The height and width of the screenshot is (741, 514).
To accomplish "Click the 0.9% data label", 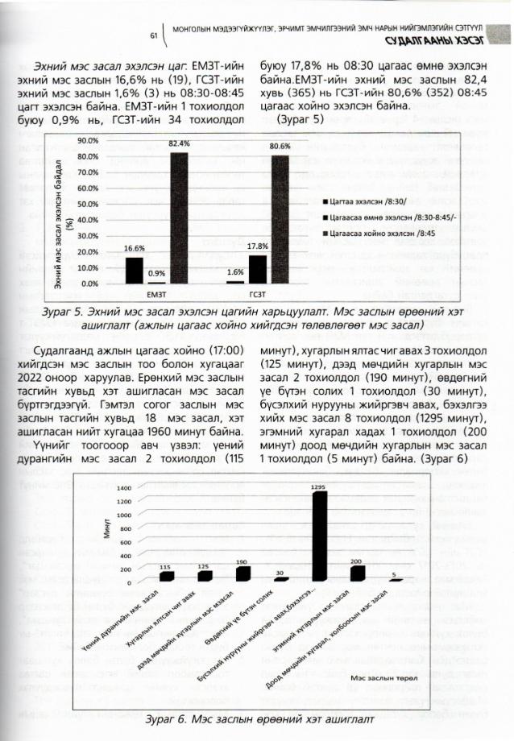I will click(x=157, y=274).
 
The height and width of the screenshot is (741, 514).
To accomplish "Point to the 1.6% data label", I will click(x=235, y=272).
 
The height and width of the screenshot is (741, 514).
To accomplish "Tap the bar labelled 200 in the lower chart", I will click(x=357, y=573).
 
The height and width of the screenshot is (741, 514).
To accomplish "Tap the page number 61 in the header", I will click(x=154, y=35).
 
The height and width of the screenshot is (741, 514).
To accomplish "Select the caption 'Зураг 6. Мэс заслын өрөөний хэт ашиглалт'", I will click(x=257, y=718).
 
